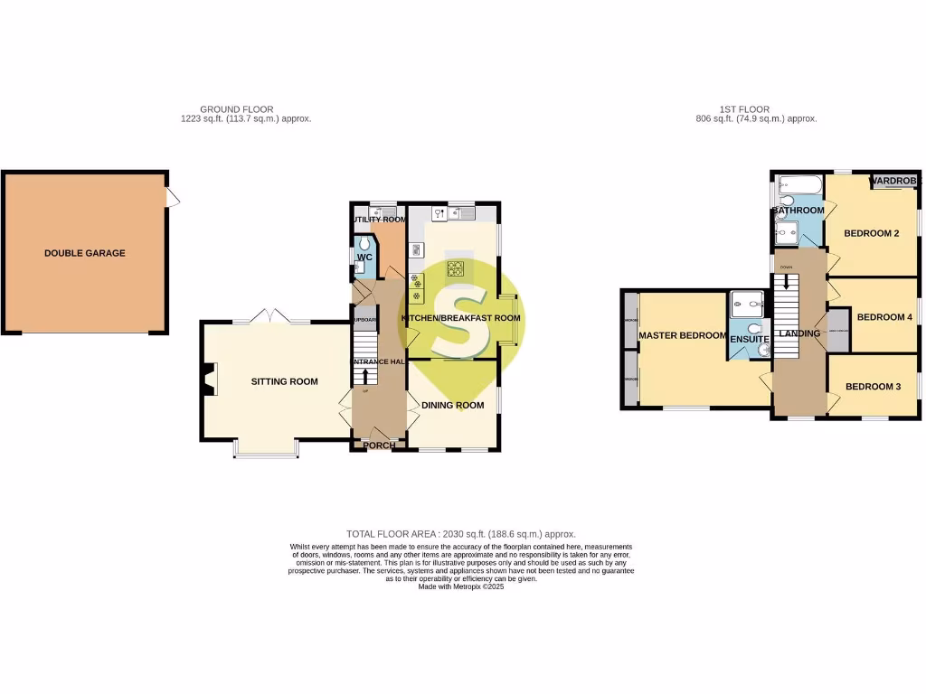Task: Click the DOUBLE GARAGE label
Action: [x=85, y=253]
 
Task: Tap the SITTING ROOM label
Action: [x=285, y=381]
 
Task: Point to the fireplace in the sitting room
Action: [x=210, y=380]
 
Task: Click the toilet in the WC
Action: [x=364, y=244]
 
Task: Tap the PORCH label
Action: [x=378, y=445]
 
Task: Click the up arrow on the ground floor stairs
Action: [x=365, y=375]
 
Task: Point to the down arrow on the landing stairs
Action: [x=785, y=282]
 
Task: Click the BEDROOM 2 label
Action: [x=871, y=233]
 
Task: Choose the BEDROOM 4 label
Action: [x=884, y=317]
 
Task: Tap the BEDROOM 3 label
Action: [x=874, y=387]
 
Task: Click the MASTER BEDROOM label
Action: [x=682, y=335]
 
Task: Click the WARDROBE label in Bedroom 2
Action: [x=893, y=182]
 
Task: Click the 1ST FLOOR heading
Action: [x=746, y=109]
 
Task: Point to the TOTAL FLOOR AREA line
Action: [x=461, y=534]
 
